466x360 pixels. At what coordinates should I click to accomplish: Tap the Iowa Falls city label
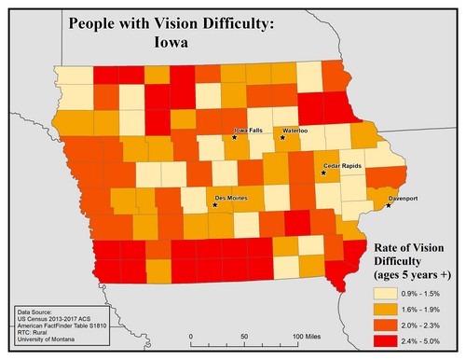pyautogui.click(x=248, y=132)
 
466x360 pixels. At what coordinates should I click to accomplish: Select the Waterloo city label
pyautogui.click(x=295, y=132)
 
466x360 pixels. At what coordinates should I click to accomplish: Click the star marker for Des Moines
pyautogui.click(x=214, y=205)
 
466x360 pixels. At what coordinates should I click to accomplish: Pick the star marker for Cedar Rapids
pyautogui.click(x=324, y=173)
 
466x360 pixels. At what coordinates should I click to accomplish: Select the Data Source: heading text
pyautogui.click(x=35, y=307)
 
